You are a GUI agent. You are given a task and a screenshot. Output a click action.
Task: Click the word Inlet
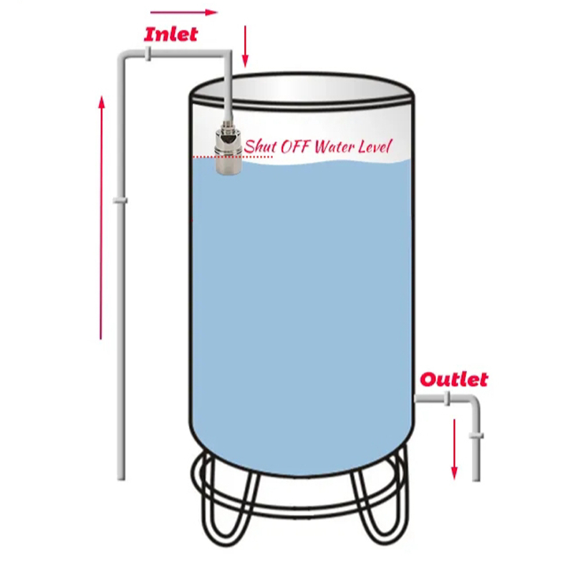point(170,34)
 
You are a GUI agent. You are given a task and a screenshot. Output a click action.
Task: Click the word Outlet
point(454,379)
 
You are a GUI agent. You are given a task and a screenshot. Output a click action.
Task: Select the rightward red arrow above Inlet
point(183,12)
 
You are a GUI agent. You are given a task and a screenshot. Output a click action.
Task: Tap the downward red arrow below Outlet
point(454,448)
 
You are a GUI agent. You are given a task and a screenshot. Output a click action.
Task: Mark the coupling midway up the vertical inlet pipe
point(120,201)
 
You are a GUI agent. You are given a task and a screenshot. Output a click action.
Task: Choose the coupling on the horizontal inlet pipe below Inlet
point(146,54)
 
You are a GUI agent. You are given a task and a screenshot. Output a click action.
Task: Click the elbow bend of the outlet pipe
point(473,404)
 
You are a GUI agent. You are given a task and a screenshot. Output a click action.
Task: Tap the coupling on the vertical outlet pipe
point(476,435)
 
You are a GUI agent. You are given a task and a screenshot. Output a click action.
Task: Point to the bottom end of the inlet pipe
point(121,476)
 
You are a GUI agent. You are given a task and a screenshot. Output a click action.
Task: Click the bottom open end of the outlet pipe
point(476,478)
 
